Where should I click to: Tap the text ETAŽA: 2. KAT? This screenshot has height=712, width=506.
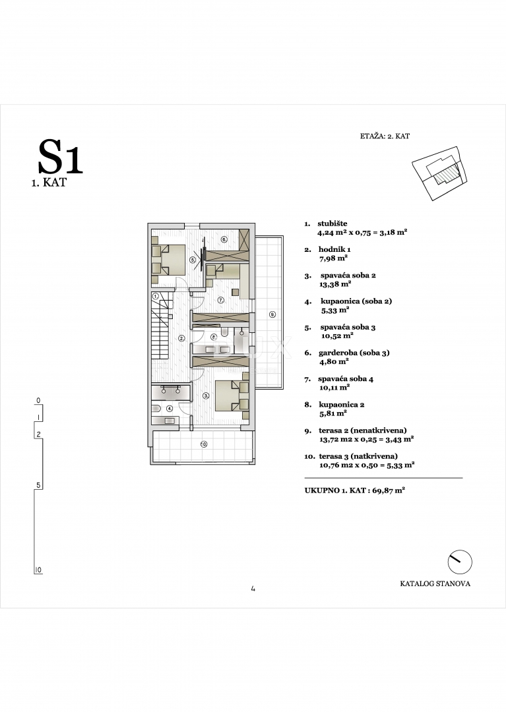(386, 136)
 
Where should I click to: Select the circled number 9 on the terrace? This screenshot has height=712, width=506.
(272, 314)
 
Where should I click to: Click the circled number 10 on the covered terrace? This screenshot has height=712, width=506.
(203, 444)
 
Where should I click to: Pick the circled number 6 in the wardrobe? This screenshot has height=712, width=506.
(224, 239)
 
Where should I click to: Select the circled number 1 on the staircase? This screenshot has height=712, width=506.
(156, 297)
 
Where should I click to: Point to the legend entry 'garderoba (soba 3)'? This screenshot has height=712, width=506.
(355, 353)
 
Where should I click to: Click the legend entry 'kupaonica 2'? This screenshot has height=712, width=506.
(342, 405)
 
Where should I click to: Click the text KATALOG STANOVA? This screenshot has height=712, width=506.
(435, 583)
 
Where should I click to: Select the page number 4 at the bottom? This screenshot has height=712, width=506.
(253, 589)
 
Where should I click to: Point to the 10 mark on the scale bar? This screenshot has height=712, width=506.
(38, 569)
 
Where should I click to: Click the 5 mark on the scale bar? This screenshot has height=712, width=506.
(38, 485)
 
